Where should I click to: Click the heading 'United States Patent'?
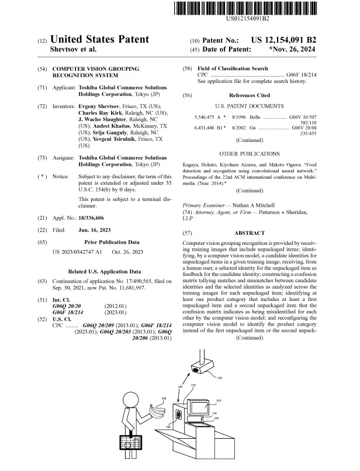tap(100, 40)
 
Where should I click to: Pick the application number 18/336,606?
tap(95, 216)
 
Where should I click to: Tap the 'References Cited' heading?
tap(250, 95)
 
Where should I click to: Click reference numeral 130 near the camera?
tap(219, 379)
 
